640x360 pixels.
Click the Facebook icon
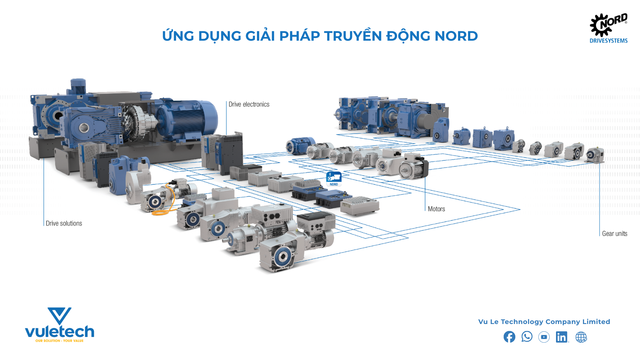(x=509, y=337)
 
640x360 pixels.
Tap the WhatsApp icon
(x=527, y=337)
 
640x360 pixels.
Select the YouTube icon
(x=544, y=337)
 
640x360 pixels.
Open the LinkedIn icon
(x=562, y=337)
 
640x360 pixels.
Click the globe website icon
(x=581, y=337)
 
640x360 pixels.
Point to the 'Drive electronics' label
(x=249, y=104)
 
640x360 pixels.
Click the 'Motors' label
(x=436, y=209)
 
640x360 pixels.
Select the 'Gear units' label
(x=614, y=234)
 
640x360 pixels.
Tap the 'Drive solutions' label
(x=64, y=223)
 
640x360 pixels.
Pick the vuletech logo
(x=60, y=325)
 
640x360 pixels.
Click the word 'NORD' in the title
(x=456, y=36)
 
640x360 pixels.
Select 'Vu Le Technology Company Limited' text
(x=544, y=322)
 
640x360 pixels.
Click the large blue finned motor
(x=187, y=118)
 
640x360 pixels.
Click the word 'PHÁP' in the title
(x=299, y=36)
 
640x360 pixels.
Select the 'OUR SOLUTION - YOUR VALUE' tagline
(x=59, y=341)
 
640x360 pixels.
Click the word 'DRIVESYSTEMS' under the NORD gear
(x=608, y=41)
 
